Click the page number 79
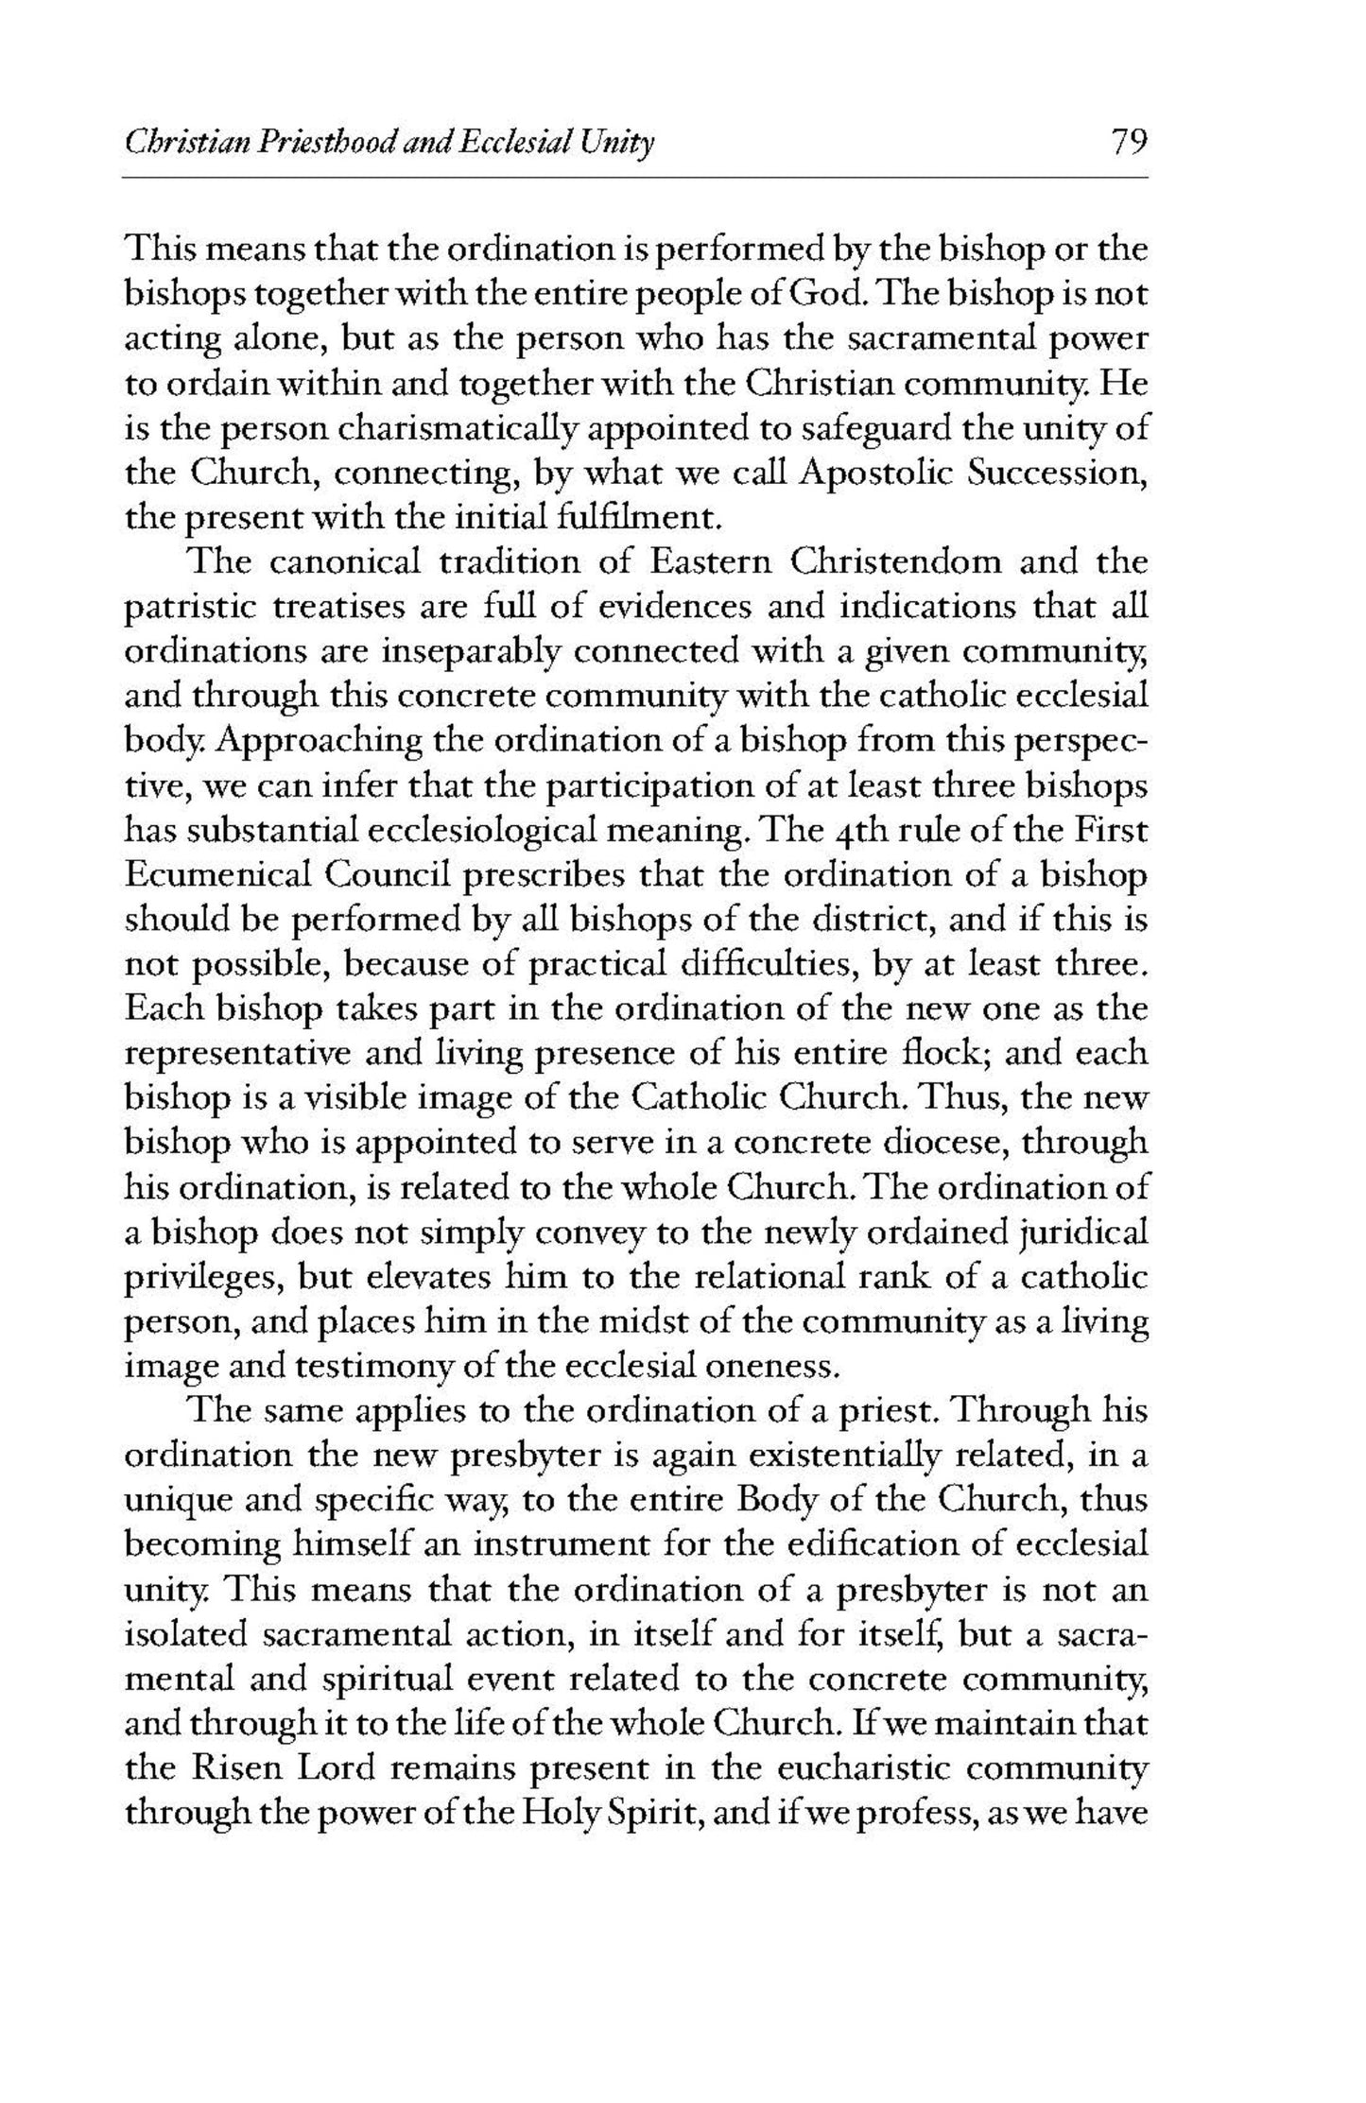(x=1128, y=144)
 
